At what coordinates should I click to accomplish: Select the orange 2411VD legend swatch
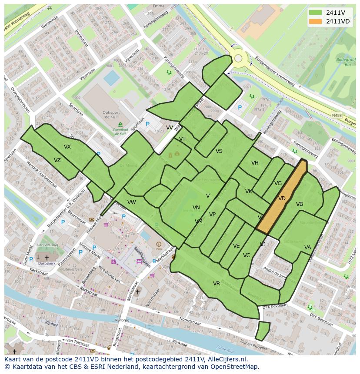coord(316,22)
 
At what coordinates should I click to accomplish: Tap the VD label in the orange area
coord(282,199)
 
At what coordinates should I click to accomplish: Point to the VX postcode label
coord(67,147)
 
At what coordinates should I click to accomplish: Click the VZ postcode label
coord(57,160)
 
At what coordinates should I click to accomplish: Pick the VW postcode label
coord(132,202)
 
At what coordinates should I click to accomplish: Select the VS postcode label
coord(219,151)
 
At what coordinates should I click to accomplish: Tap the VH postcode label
coord(255,163)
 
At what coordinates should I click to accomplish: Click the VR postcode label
coord(217,284)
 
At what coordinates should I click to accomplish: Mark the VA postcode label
coord(308,248)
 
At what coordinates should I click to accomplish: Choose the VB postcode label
coord(300,204)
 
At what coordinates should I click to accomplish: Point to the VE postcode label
coord(237,246)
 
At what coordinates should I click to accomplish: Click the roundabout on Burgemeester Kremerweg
coord(238,58)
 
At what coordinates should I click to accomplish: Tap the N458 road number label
coord(337,116)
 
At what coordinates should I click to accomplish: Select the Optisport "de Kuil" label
coord(112,114)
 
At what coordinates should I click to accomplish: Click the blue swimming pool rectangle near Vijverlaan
coord(112,78)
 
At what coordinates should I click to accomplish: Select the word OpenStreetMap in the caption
coord(234,367)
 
